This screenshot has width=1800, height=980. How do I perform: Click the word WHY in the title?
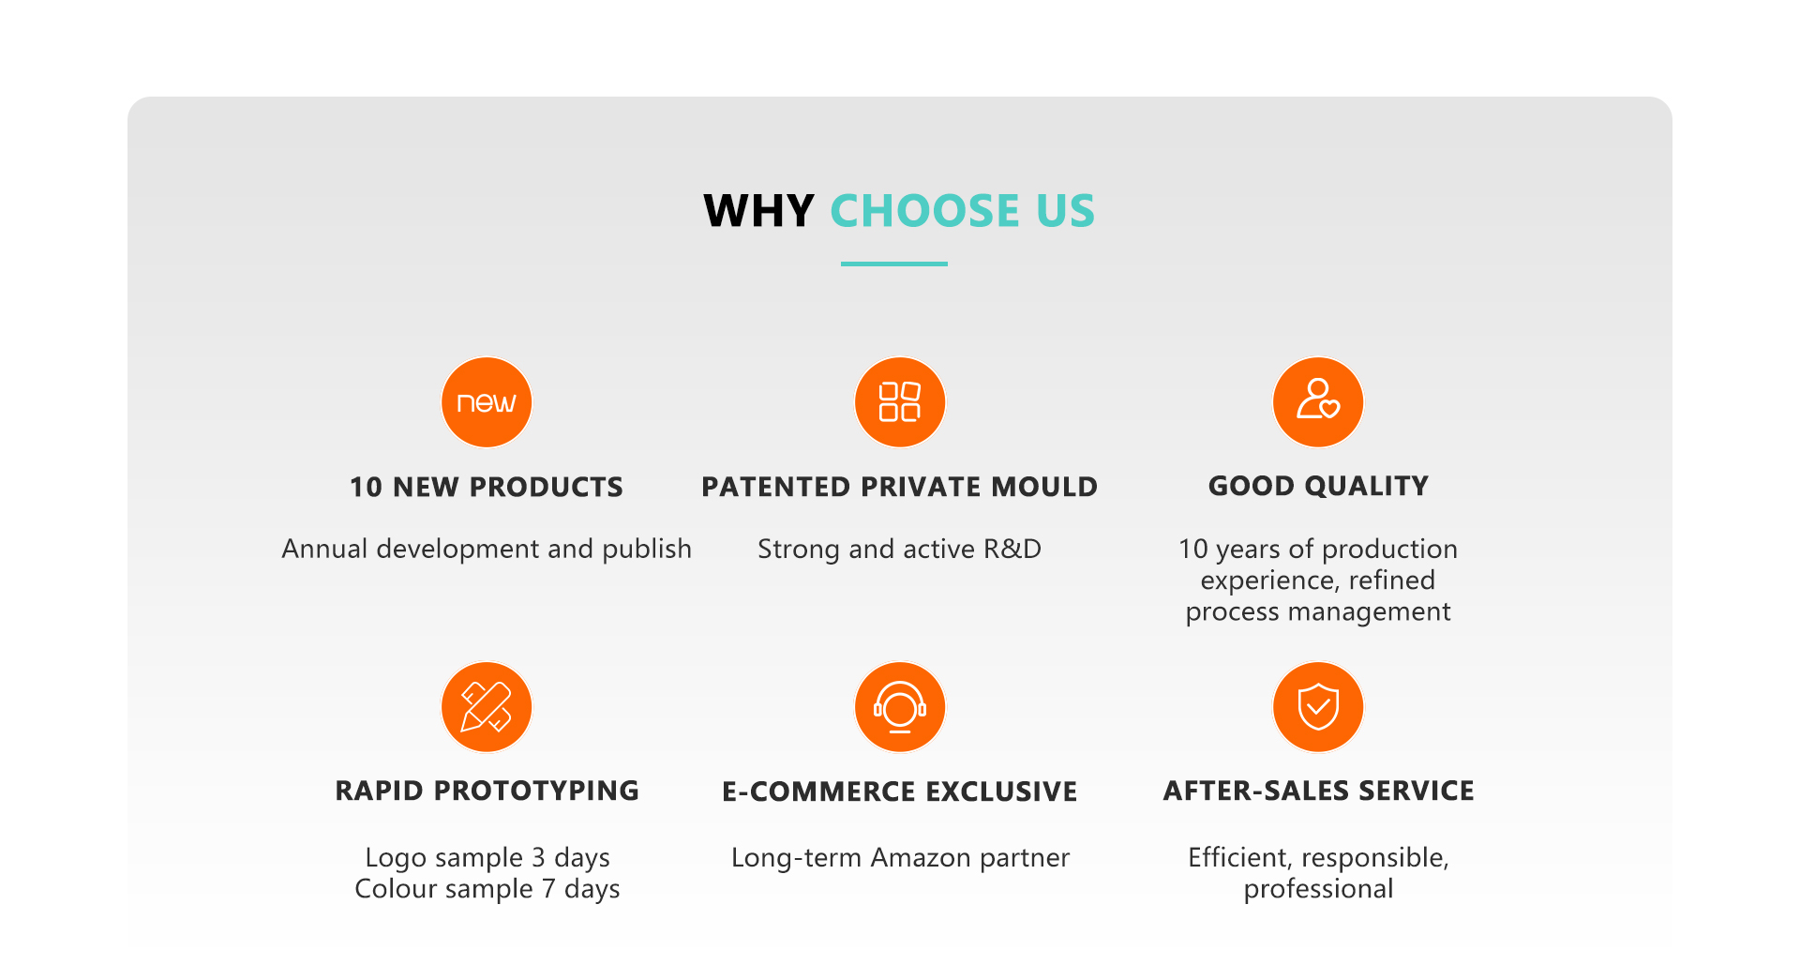[758, 210]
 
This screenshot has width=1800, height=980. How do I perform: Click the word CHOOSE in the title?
[924, 210]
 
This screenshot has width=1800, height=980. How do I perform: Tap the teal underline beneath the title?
[894, 264]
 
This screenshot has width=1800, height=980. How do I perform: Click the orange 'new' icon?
[487, 402]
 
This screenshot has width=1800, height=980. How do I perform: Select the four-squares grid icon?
[900, 402]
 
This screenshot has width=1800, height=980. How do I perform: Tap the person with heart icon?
[1318, 402]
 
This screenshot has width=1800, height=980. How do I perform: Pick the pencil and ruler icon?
[487, 707]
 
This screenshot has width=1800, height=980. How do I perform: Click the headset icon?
[900, 707]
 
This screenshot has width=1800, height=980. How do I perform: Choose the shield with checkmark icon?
[1318, 707]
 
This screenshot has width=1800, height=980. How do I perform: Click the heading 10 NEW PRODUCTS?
[487, 487]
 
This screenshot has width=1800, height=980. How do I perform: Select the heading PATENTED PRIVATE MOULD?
[900, 487]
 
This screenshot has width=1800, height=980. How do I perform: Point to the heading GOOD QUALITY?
[1318, 486]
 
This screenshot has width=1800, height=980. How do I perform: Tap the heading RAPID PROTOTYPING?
[487, 791]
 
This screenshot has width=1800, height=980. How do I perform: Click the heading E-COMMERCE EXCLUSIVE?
[900, 792]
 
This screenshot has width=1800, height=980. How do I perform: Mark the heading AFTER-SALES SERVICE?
[1319, 791]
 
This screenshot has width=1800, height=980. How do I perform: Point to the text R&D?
[1012, 549]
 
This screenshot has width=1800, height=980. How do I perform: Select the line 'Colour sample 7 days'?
[487, 889]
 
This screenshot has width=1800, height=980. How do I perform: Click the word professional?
[1319, 889]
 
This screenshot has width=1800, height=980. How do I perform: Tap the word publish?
[647, 549]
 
